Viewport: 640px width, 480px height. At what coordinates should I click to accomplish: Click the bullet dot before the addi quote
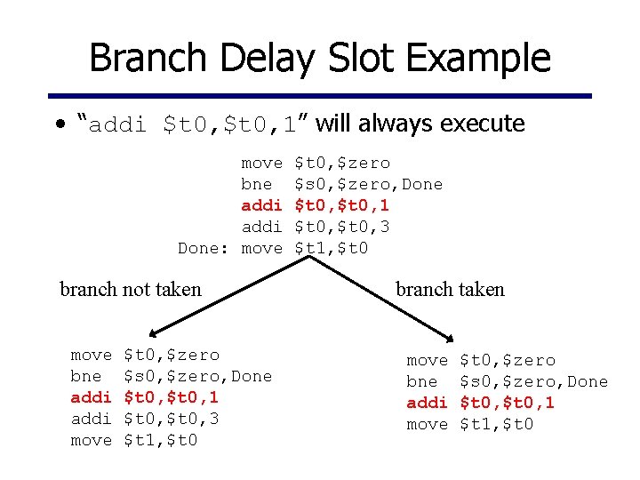coord(58,124)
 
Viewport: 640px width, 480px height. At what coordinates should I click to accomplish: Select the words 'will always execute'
coord(420,124)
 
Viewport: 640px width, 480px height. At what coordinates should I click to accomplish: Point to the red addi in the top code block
coord(261,205)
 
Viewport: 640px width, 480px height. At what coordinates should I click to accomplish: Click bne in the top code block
coord(257,184)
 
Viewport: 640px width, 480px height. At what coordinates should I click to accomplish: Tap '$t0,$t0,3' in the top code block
coord(342,227)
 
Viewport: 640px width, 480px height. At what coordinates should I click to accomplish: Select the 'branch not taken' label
coord(130,289)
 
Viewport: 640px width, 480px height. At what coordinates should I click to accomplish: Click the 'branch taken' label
coord(450,289)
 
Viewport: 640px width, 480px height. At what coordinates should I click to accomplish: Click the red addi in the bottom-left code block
coord(91,397)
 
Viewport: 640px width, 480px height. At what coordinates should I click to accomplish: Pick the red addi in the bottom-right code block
coord(427,403)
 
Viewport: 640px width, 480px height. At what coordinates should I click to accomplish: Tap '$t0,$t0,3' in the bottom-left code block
coord(172,419)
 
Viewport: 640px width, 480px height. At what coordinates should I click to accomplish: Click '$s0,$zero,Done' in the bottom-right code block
coord(533,381)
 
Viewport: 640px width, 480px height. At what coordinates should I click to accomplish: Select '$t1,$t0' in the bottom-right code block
coord(496,424)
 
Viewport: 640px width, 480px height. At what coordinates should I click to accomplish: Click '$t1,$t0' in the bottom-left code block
coord(160,440)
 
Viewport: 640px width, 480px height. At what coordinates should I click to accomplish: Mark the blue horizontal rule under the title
coord(320,95)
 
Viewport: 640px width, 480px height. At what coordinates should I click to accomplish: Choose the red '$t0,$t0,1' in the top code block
coord(342,205)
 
